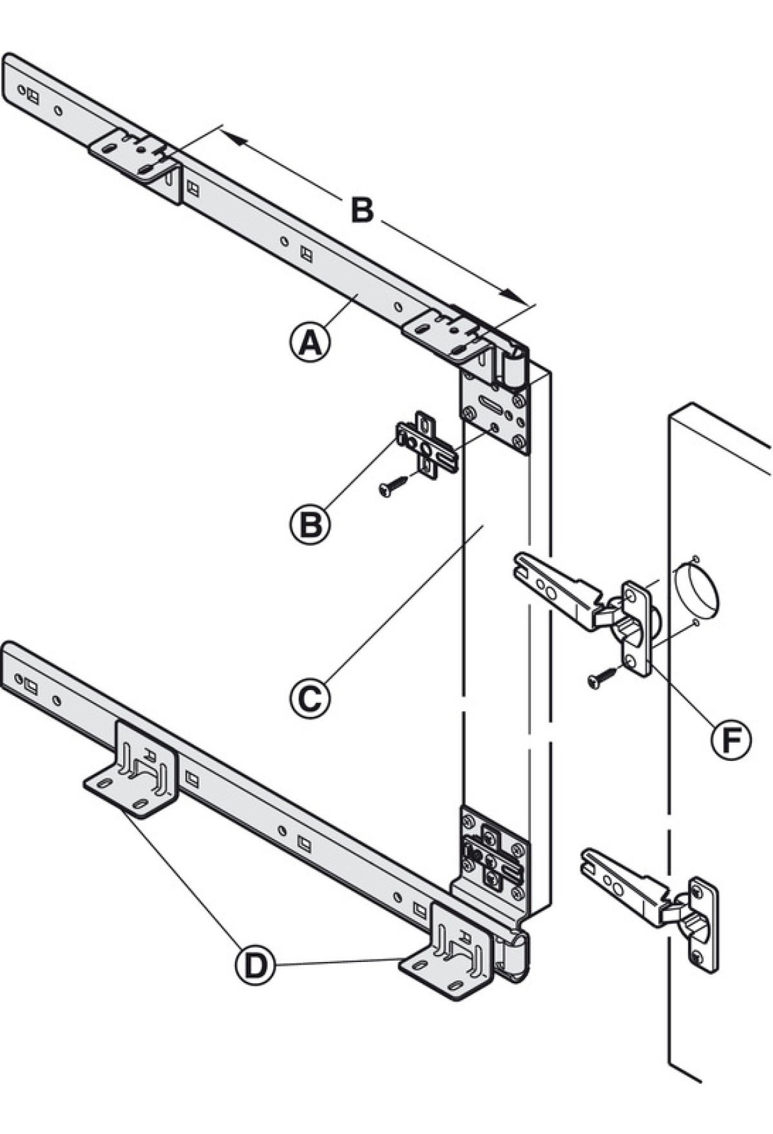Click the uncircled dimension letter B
[x=362, y=210]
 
